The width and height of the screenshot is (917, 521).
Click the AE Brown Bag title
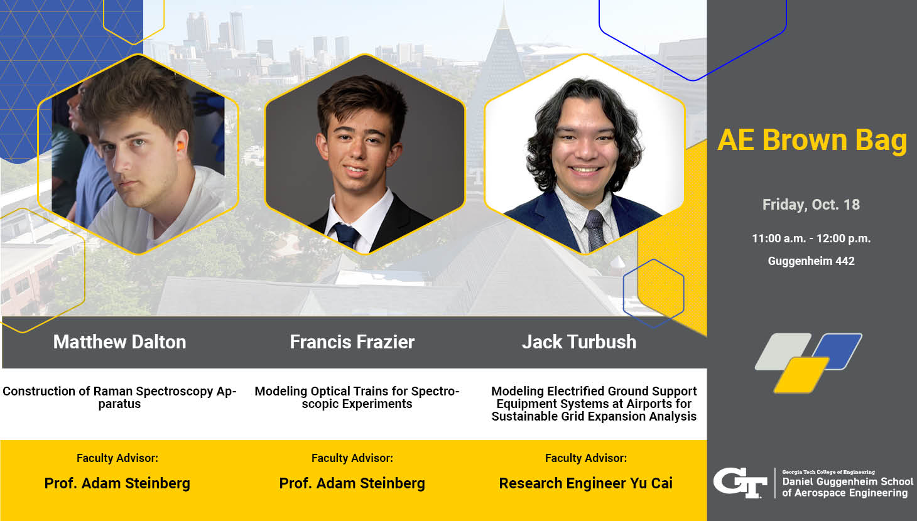[812, 141]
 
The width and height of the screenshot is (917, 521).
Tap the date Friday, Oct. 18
[811, 205]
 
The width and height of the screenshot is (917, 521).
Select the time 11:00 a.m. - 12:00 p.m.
[811, 239]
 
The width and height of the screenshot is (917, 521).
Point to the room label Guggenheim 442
[811, 261]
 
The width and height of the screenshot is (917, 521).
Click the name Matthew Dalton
[119, 341]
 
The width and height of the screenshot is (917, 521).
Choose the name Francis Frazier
[352, 341]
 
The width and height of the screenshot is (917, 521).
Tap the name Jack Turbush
[579, 341]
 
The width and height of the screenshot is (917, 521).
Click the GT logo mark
[740, 483]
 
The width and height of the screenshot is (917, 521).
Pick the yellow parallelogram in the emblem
[801, 375]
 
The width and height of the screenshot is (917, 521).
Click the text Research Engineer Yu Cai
[585, 483]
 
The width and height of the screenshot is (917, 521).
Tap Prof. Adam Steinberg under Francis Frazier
[352, 483]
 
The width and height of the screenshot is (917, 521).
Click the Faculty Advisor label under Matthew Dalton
[117, 458]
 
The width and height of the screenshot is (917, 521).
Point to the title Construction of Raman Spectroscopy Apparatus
[119, 397]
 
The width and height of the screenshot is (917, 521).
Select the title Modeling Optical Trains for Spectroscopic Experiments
[357, 397]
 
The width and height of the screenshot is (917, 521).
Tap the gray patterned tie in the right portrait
[595, 230]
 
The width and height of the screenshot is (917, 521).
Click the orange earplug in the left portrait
[180, 146]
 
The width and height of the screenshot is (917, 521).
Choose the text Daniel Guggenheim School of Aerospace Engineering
[847, 487]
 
